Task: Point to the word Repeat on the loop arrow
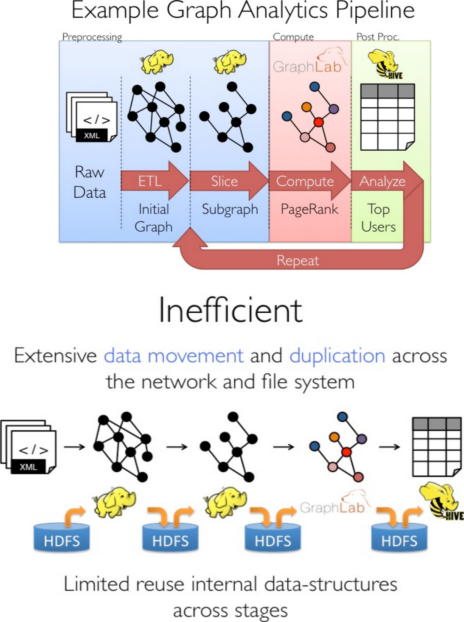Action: coord(298,260)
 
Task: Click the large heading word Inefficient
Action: coord(231,310)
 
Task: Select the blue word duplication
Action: coord(337,355)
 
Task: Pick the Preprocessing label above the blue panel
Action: coord(92,37)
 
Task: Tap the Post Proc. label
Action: coord(378,37)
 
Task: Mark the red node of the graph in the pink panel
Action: coord(318,122)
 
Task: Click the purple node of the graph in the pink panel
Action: coord(334,109)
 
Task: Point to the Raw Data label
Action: coord(90,182)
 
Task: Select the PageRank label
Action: coord(309,209)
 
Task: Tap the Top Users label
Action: coord(378,218)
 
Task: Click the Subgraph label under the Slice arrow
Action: coord(230,209)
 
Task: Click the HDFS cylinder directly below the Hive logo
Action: coord(399,538)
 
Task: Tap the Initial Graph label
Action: coord(154,218)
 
